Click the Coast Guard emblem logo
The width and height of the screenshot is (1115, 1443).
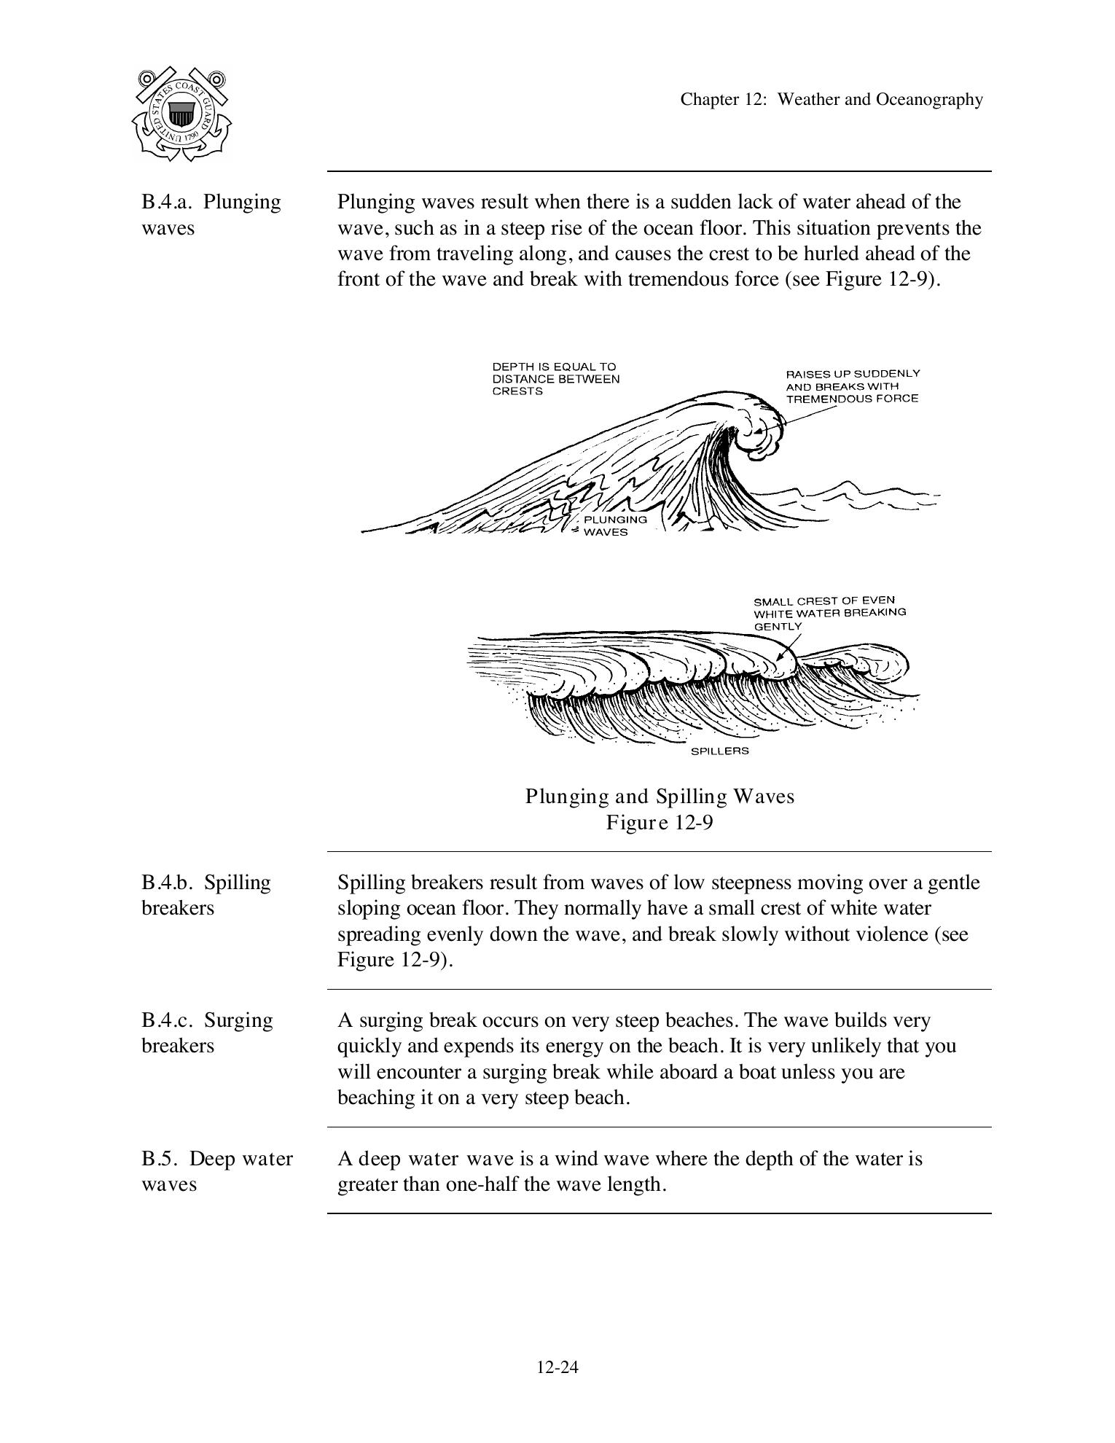[181, 114]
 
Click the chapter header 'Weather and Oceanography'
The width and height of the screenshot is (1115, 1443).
[831, 99]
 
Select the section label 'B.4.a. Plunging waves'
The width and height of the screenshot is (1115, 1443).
[211, 214]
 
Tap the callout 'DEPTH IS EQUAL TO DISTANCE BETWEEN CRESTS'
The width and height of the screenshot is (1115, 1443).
[555, 379]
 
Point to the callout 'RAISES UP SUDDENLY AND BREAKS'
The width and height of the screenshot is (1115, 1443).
[852, 386]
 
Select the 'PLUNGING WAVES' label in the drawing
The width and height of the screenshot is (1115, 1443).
[614, 525]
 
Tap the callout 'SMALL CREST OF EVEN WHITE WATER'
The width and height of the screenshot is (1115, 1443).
[829, 613]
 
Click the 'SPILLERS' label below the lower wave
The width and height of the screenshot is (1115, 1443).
[719, 751]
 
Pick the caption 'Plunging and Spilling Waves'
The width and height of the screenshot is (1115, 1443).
[660, 796]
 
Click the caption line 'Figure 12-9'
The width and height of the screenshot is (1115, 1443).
[660, 823]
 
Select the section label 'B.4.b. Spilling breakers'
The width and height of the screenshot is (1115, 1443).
[206, 895]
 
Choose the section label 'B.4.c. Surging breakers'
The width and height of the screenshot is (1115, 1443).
[207, 1033]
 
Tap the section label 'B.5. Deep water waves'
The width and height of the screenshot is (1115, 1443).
[216, 1170]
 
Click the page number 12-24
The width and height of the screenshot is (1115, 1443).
[557, 1367]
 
